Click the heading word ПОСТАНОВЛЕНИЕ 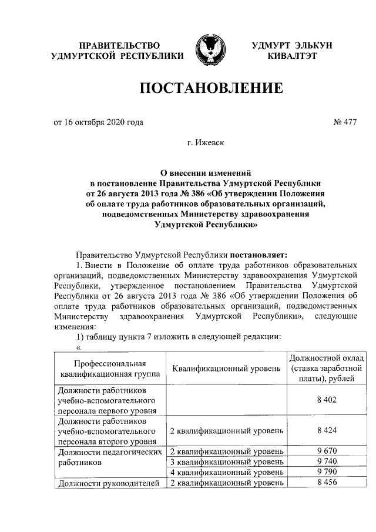211,89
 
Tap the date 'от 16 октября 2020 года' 98,123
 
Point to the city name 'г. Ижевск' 210,143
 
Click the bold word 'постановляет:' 258,255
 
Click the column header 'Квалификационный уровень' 226,369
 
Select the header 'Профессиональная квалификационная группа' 110,369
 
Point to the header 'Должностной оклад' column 326,369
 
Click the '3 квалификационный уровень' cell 226,462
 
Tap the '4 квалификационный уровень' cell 226,473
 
